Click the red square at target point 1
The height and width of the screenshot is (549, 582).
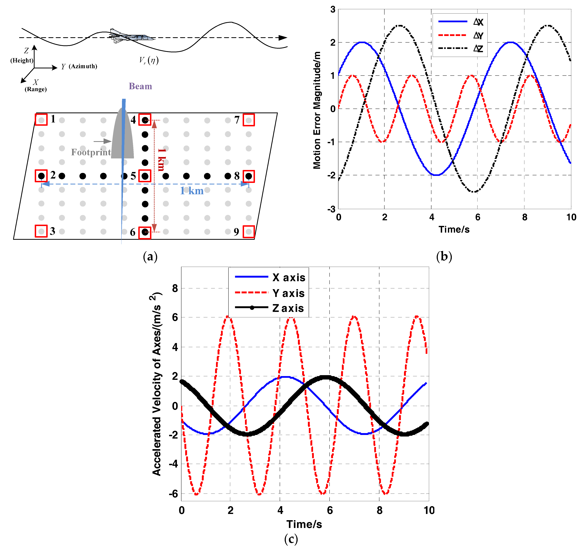click(x=41, y=120)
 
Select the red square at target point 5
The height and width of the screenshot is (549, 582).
click(x=145, y=176)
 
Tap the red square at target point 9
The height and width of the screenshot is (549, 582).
click(x=249, y=232)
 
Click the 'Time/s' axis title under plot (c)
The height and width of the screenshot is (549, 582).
click(x=304, y=524)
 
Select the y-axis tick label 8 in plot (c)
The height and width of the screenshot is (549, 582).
click(x=175, y=288)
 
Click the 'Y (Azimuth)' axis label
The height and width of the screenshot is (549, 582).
click(x=79, y=67)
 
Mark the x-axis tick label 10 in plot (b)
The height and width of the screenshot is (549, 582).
click(x=571, y=217)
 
